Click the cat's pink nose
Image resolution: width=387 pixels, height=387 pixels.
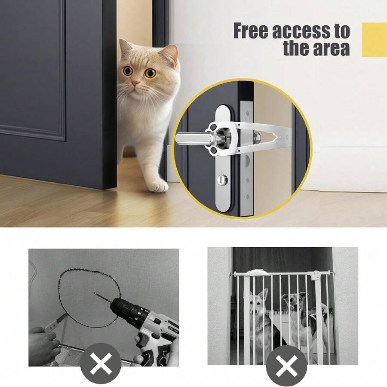coord(135,83)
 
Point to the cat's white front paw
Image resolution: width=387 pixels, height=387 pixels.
coord(158,186)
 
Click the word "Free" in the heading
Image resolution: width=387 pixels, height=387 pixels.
coord(251,31)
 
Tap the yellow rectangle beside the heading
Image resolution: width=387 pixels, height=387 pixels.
coord(374,40)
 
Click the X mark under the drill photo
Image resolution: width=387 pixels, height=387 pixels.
coord(101,363)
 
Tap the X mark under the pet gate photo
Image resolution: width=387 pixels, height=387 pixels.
coord(286,366)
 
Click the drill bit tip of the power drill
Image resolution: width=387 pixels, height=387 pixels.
coord(94,293)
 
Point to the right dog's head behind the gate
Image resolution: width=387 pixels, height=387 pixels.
coord(293,303)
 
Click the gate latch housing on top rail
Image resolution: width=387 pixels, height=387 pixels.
coord(258,273)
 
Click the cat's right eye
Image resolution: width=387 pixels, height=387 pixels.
coord(128,71)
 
